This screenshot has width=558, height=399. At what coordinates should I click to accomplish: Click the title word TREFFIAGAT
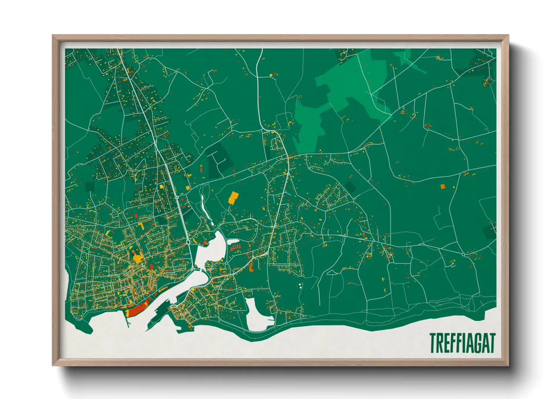(x=462, y=343)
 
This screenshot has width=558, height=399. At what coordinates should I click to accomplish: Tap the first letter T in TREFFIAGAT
(x=433, y=343)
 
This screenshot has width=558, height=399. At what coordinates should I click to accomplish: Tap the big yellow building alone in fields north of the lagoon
(x=233, y=198)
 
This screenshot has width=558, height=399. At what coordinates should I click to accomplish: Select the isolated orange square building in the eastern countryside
(x=443, y=186)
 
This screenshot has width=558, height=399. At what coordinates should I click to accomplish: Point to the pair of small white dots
(x=300, y=285)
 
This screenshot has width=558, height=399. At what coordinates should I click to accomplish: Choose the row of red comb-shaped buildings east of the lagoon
(x=235, y=248)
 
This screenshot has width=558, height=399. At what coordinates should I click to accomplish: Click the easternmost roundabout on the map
(x=463, y=255)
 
